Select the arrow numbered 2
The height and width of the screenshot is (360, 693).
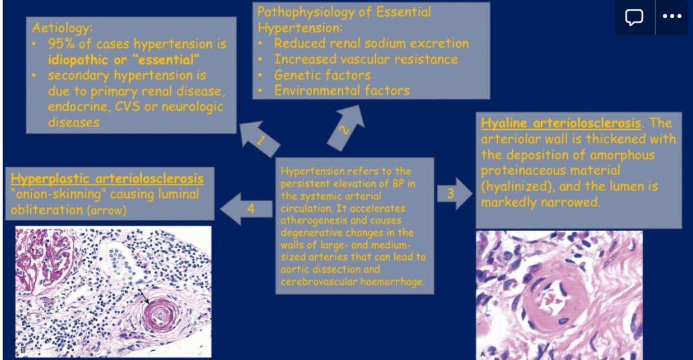pos(344,127)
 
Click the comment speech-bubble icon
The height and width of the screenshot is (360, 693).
pos(634,17)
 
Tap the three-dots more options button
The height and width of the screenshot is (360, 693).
pos(672,17)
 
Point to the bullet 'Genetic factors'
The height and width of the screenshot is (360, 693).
pos(322,75)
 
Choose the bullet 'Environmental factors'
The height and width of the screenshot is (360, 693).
pos(341,91)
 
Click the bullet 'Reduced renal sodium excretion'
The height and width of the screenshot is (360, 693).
pos(371,44)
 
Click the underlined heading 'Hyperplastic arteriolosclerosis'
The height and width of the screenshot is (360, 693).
pos(107,178)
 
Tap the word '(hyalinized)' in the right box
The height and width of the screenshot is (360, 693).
pos(514,186)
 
